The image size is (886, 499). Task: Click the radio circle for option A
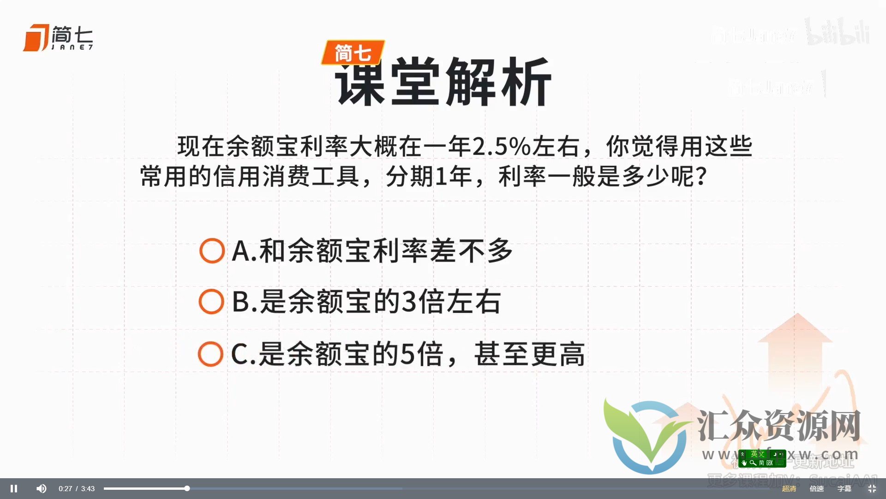(212, 251)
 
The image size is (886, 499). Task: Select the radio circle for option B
(211, 302)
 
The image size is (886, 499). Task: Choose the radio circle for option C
(210, 354)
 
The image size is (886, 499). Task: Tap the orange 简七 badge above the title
(353, 53)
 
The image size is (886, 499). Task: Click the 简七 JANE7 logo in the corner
(58, 37)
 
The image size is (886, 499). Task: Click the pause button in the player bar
(14, 488)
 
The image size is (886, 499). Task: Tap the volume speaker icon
(41, 488)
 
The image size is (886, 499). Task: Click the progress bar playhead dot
(187, 488)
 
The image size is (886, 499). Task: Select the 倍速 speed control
(816, 488)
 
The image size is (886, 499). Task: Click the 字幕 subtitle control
(844, 488)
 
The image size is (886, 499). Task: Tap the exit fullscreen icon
(872, 488)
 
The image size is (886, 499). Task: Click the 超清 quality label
(789, 488)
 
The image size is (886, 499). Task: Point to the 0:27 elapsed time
(65, 489)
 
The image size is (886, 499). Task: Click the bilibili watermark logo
(838, 32)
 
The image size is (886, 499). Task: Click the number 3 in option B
(409, 302)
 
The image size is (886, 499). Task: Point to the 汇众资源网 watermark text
(778, 425)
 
